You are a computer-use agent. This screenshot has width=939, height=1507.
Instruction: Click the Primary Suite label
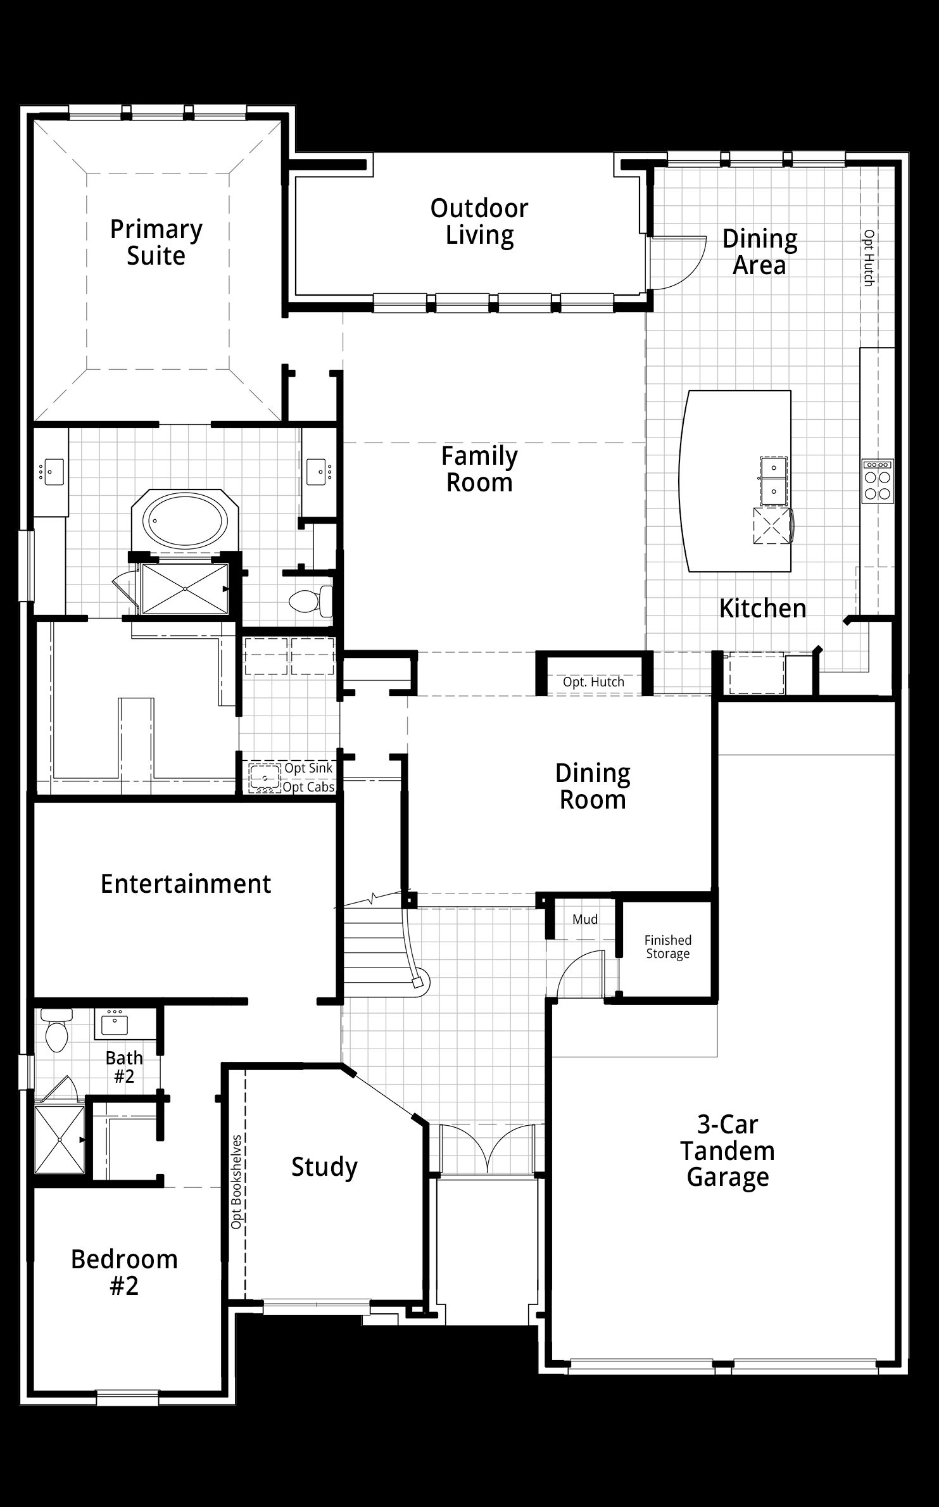[156, 243]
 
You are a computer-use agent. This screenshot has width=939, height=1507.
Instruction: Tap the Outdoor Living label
[479, 221]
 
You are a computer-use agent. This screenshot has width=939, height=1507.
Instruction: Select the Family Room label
[479, 469]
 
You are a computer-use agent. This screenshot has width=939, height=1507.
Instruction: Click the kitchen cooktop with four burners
[878, 482]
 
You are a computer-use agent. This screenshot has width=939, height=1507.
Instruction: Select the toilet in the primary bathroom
[311, 600]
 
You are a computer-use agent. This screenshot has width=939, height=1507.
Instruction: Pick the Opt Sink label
[308, 768]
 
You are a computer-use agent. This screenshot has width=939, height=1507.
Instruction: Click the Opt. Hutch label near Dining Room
[593, 682]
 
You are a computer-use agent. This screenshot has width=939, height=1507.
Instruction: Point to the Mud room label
[585, 919]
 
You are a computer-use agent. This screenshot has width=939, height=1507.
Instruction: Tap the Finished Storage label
[668, 947]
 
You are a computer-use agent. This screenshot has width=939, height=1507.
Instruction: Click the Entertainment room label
[186, 883]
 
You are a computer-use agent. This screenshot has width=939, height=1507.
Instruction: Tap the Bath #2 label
[124, 1067]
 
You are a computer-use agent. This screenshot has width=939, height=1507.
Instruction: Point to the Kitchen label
[763, 608]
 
